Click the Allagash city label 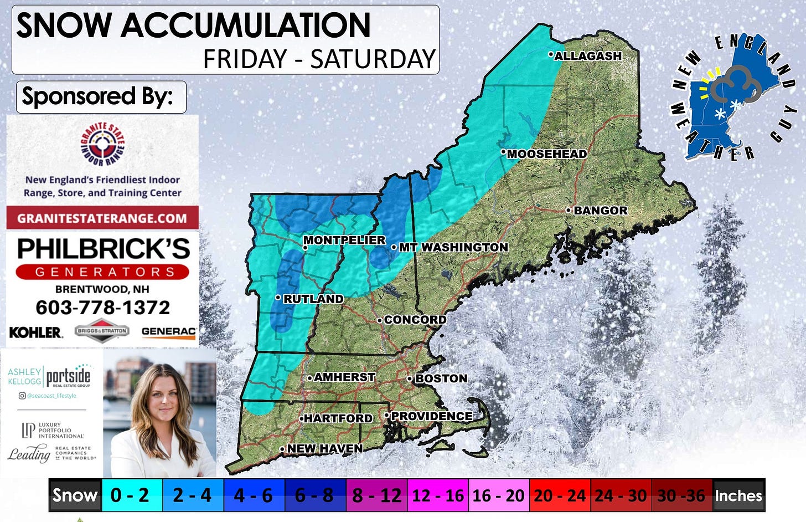pyautogui.click(x=587, y=56)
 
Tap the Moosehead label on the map pyautogui.click(x=546, y=154)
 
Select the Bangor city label pyautogui.click(x=600, y=211)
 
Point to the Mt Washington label pyautogui.click(x=453, y=247)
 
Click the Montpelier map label pyautogui.click(x=344, y=240)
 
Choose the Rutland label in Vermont pyautogui.click(x=313, y=299)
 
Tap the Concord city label pyautogui.click(x=415, y=320)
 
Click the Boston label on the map pyautogui.click(x=441, y=378)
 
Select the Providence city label pyautogui.click(x=431, y=416)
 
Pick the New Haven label pyautogui.click(x=324, y=448)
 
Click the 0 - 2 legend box pyautogui.click(x=130, y=495)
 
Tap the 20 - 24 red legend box pyautogui.click(x=559, y=495)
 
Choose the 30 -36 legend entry pyautogui.click(x=681, y=495)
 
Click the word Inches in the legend pyautogui.click(x=738, y=495)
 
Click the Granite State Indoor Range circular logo pyautogui.click(x=102, y=145)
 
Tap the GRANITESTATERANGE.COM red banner pyautogui.click(x=102, y=218)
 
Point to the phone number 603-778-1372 pyautogui.click(x=102, y=308)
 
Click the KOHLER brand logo pyautogui.click(x=35, y=332)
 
